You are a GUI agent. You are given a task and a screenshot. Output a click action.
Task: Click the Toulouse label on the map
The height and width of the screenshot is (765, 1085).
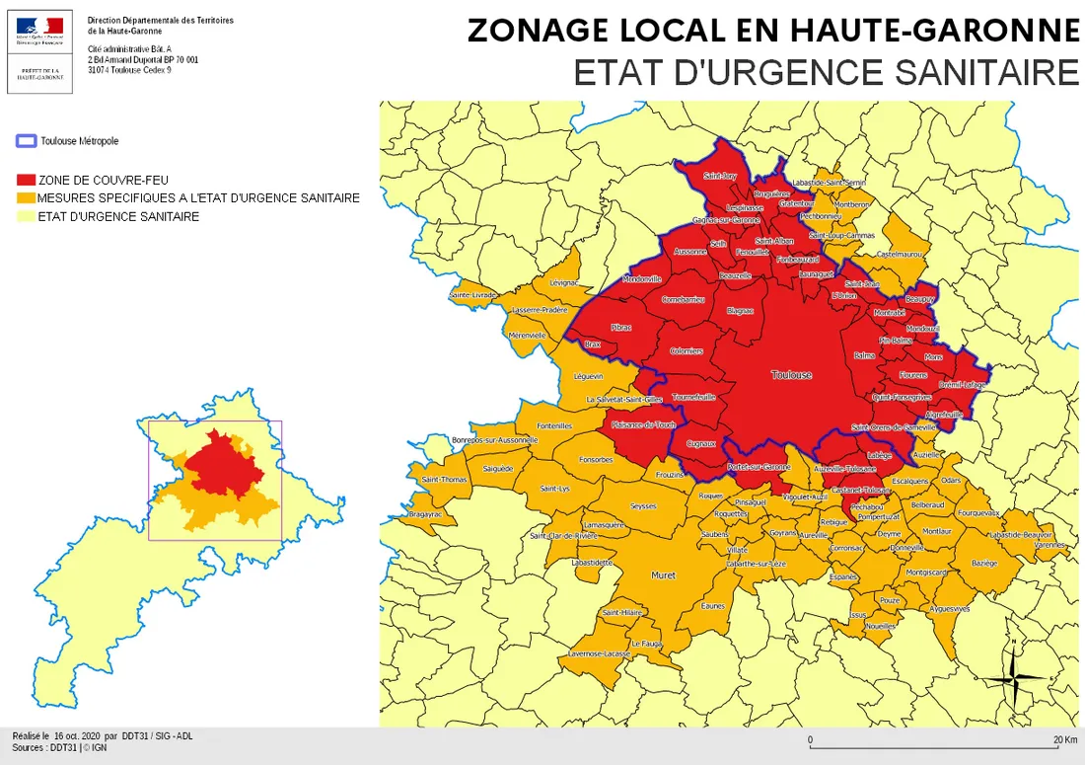791,375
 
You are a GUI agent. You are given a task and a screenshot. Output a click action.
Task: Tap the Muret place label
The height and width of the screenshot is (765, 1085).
663,574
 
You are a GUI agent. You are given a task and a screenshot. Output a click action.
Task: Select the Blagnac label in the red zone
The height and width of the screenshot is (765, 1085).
739,311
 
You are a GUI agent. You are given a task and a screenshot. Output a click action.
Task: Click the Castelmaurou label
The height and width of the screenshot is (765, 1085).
899,254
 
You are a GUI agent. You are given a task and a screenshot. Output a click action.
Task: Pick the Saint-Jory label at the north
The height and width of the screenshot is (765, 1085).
719,177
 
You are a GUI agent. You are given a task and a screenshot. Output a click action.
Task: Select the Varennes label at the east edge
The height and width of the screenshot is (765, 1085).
1049,544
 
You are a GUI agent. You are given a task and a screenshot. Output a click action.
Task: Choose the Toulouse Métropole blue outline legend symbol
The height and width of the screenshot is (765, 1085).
27,141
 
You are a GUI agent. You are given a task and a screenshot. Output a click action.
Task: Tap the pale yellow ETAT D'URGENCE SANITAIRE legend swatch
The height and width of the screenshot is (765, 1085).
26,216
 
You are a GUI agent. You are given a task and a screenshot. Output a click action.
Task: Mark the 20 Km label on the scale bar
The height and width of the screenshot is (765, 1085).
1064,739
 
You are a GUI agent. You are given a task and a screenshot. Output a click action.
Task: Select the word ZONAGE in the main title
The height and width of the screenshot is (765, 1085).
541,31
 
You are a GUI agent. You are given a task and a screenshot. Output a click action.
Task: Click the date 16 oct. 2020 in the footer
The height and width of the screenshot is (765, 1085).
78,736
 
